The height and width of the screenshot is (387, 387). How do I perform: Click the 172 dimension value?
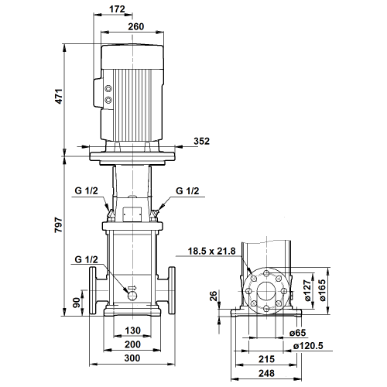click(x=117, y=9)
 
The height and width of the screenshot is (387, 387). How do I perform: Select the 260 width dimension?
click(x=136, y=26)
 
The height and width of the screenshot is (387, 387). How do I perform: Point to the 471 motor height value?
click(x=59, y=97)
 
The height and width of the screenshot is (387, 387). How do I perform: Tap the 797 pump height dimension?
click(x=59, y=225)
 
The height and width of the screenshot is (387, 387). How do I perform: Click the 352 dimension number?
click(x=201, y=141)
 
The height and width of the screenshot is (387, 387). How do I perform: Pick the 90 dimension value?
click(x=77, y=303)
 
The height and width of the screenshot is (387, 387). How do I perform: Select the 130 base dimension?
click(x=132, y=330)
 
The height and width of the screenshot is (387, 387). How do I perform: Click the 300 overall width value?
click(x=132, y=358)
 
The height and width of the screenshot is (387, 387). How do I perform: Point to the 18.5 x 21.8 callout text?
click(x=211, y=251)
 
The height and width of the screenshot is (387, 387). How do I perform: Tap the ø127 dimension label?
click(x=308, y=290)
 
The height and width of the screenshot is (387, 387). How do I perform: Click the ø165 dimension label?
click(x=323, y=290)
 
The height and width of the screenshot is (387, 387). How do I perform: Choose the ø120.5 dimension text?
click(x=308, y=346)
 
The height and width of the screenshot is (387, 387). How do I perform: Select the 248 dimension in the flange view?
click(x=266, y=373)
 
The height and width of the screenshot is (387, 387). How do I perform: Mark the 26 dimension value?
click(x=214, y=296)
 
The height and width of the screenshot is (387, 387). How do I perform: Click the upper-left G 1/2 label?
click(x=86, y=191)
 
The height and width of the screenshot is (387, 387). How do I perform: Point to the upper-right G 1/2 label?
click(x=187, y=191)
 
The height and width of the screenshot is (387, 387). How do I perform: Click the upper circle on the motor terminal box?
click(x=108, y=89)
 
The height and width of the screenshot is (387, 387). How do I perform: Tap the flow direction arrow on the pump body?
click(x=132, y=288)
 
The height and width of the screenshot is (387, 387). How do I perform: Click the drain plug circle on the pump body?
click(x=132, y=296)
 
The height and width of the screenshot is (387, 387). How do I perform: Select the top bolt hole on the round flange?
click(x=266, y=273)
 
